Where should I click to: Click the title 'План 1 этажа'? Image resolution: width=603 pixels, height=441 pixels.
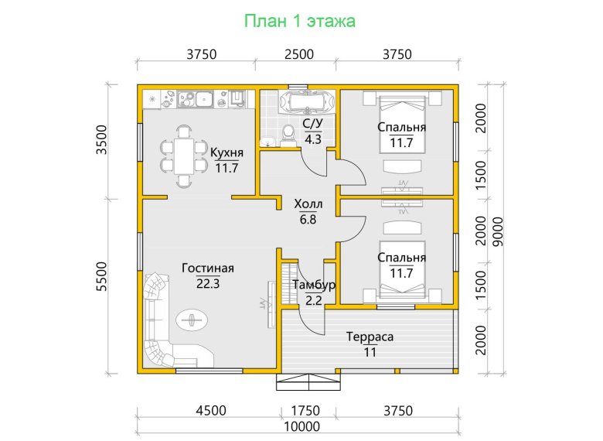point(300,21)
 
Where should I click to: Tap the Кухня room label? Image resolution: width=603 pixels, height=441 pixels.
point(227,152)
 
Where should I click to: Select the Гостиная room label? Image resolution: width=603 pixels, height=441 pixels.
point(208,268)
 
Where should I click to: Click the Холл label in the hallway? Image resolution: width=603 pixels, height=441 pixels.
point(308,203)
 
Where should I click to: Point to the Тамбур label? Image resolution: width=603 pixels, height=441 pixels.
point(314,285)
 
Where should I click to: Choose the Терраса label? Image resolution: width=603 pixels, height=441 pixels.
point(370,337)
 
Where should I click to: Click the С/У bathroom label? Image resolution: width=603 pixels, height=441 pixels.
point(312,124)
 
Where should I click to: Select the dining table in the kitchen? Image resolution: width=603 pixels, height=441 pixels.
point(184,156)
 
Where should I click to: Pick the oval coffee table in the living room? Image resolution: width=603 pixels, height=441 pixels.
point(192,320)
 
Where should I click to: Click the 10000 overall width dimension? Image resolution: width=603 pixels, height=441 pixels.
point(301,427)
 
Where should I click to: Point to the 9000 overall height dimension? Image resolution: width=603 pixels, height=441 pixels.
point(498,231)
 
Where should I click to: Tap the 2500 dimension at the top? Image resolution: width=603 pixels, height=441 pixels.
point(299,54)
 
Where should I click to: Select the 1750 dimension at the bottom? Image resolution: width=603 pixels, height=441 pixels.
point(305,411)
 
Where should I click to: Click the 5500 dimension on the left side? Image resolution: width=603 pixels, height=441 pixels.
point(101,276)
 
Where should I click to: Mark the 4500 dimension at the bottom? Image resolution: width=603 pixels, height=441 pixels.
point(211,411)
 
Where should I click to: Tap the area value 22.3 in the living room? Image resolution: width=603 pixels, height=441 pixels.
point(208,284)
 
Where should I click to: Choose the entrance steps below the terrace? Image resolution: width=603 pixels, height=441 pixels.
point(308,382)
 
